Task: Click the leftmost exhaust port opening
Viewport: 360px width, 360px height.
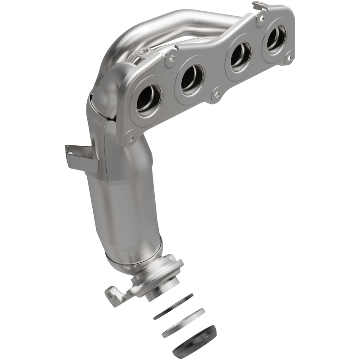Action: (149, 97)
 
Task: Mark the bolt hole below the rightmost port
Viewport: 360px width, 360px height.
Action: (289, 58)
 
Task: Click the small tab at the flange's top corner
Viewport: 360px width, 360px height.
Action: (258, 5)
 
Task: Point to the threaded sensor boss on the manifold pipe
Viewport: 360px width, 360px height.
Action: (143, 53)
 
